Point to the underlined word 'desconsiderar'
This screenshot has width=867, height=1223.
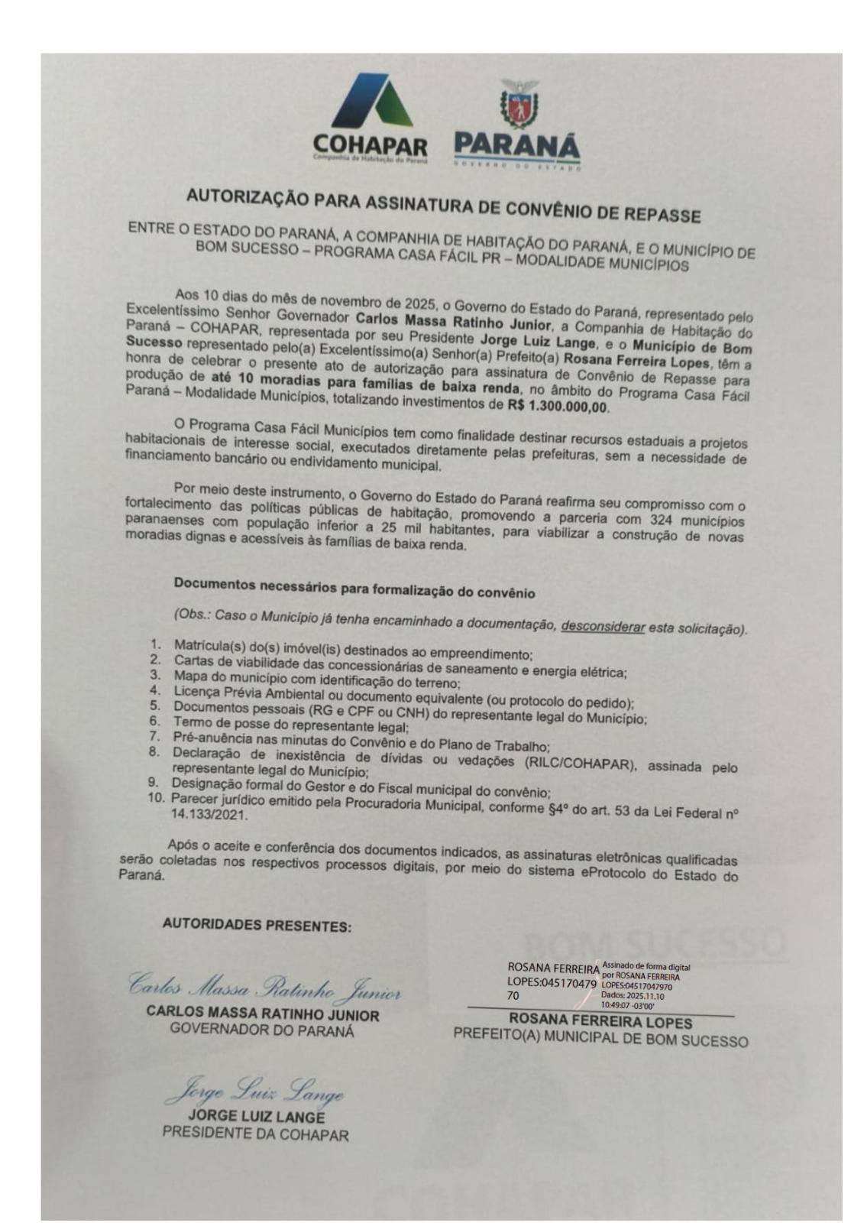603,627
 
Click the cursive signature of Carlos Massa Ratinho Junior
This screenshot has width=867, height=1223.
264,988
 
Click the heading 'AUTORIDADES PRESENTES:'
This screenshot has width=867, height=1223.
257,925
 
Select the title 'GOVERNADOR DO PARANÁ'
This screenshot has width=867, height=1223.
263,1030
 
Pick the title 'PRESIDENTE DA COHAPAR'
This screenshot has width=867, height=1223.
254,1134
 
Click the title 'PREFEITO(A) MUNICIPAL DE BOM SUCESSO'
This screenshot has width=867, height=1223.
600,1040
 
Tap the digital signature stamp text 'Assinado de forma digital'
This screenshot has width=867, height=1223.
645,967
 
